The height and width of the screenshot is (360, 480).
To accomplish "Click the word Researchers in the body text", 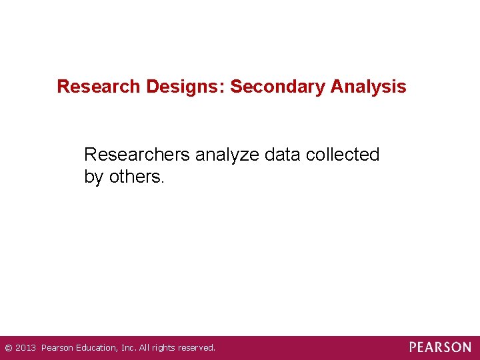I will (x=137, y=155).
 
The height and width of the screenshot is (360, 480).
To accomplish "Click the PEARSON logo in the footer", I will (x=440, y=347).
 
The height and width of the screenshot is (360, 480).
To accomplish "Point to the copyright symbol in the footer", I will (x=8, y=348).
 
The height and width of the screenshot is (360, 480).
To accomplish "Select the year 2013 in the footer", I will (x=26, y=348).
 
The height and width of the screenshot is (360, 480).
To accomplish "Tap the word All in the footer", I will (x=145, y=348).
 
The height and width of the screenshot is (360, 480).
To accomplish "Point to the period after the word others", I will (x=162, y=181).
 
